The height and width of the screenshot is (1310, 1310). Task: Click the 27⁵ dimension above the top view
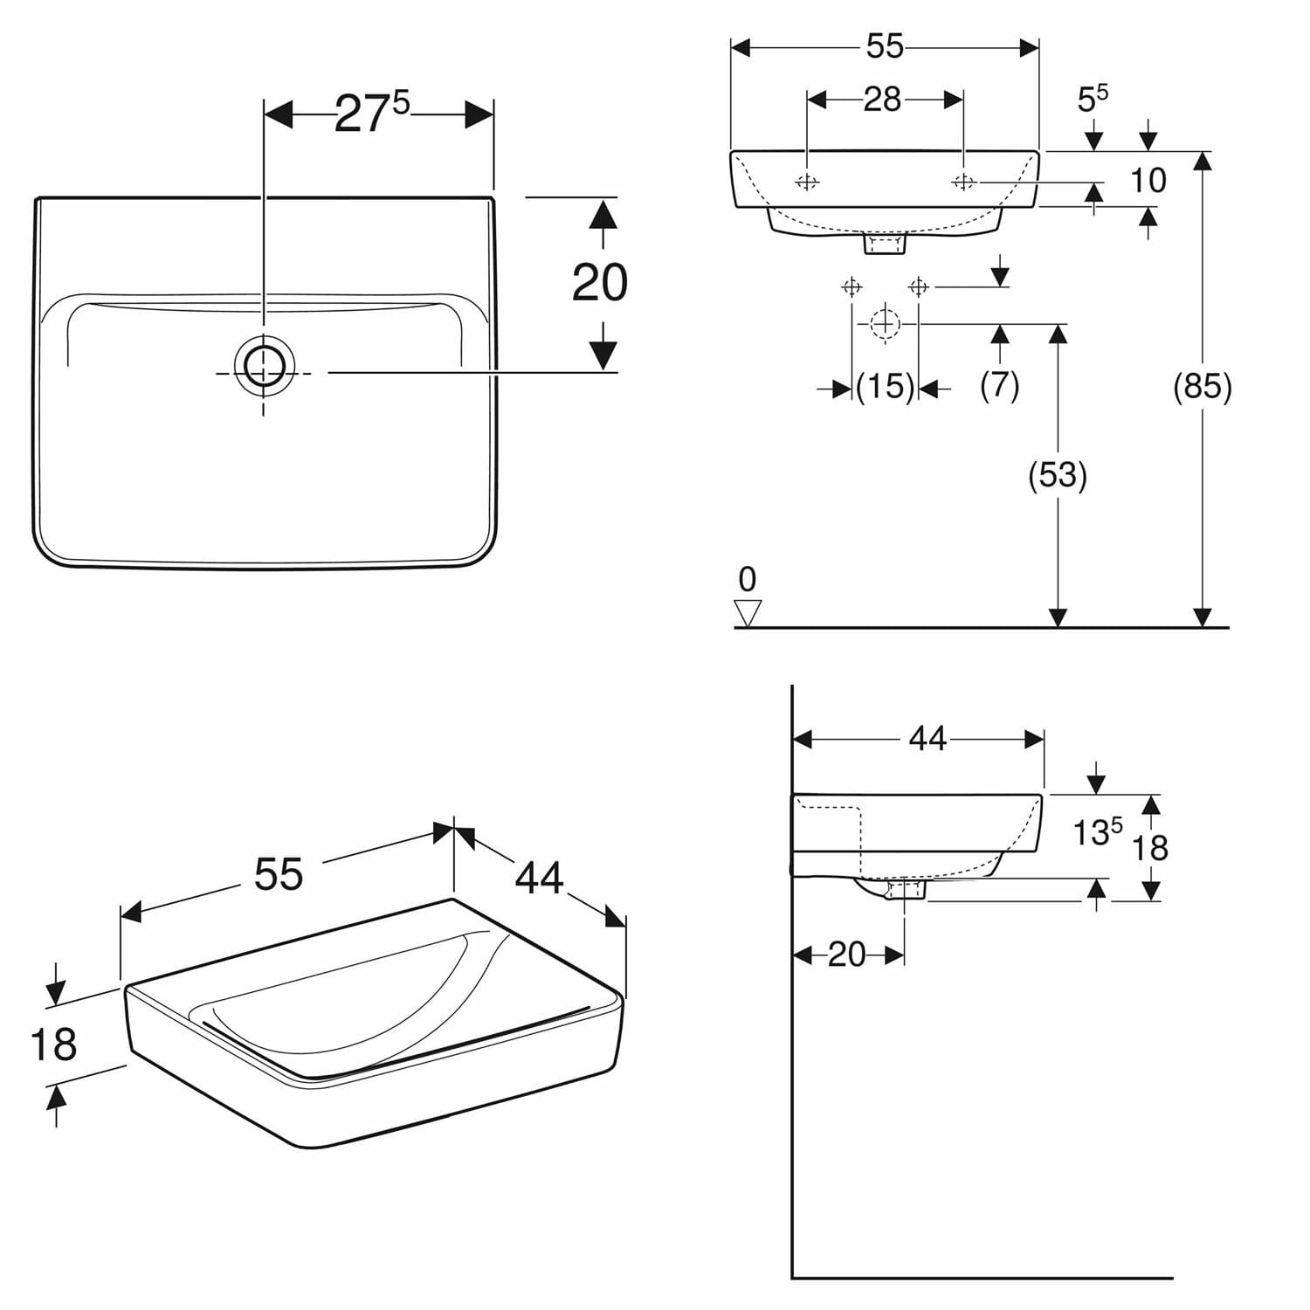(x=371, y=114)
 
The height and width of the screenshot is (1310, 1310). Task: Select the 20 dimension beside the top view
(x=600, y=282)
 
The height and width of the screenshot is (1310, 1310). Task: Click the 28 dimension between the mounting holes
(x=882, y=100)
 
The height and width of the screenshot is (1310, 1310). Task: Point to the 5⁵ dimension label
(x=1093, y=98)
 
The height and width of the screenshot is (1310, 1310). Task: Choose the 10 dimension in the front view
(x=1148, y=180)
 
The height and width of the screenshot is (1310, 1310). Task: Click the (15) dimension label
(x=885, y=386)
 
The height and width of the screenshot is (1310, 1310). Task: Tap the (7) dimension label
(x=1000, y=384)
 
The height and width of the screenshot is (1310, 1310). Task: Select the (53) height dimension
(x=1058, y=475)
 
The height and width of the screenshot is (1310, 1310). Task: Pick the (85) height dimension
(x=1203, y=385)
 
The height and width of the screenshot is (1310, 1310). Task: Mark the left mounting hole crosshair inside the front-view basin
(x=807, y=182)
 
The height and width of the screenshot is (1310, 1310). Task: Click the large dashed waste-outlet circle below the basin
(x=885, y=324)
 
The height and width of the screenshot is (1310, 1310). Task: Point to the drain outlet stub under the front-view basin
(x=886, y=244)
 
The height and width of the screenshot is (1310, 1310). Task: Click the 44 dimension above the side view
(x=927, y=739)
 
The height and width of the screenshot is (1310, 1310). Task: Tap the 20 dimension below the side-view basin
(x=846, y=955)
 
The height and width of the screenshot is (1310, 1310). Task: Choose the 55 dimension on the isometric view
(x=279, y=873)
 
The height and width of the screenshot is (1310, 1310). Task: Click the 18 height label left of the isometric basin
(x=53, y=1045)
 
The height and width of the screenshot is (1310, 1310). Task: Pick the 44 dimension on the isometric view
(x=539, y=878)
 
